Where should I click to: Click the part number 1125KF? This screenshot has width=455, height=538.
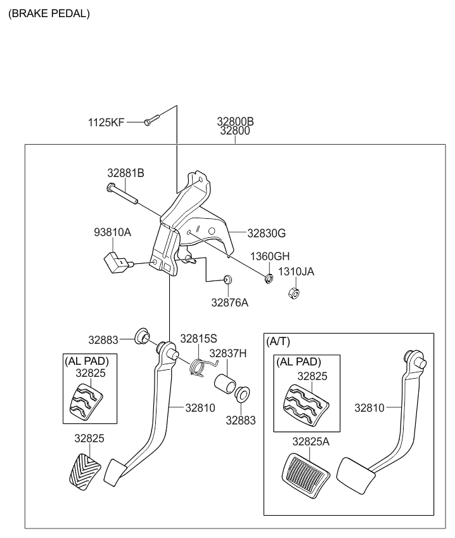click(106, 121)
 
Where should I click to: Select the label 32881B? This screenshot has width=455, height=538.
click(125, 173)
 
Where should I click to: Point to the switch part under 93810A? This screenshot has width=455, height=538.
click(115, 261)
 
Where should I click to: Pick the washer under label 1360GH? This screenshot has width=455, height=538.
click(269, 278)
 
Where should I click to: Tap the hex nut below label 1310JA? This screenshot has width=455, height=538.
click(293, 293)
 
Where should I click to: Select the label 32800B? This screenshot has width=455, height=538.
click(235, 122)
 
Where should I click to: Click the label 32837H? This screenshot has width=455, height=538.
click(228, 353)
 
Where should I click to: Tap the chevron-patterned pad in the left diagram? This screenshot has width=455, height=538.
click(82, 469)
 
